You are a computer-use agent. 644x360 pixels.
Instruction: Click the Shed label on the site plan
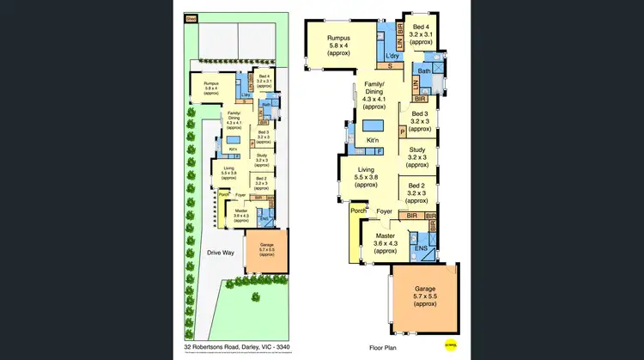(190, 17)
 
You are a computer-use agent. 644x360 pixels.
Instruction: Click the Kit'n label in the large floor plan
(372, 139)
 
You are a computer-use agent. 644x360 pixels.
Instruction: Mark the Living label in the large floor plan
(366, 170)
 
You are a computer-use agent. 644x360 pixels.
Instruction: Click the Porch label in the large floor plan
(357, 210)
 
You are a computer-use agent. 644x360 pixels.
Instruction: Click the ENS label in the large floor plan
(422, 249)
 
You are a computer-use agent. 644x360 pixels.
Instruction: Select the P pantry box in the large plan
(403, 131)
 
